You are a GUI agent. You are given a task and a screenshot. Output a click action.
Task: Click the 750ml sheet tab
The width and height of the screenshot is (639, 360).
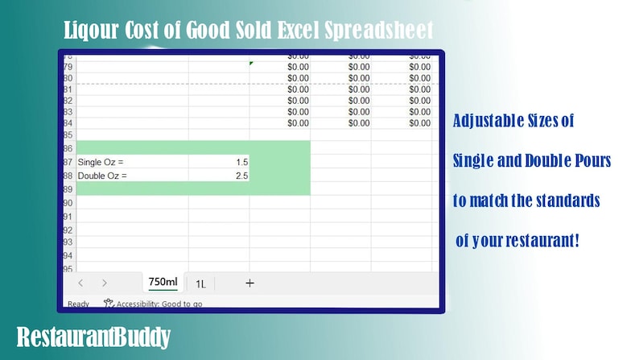coord(163,282)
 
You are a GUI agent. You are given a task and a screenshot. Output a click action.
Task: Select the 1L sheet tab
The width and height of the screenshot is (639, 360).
coord(200,283)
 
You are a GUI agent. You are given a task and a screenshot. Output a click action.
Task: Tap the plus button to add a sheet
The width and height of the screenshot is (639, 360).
coord(249,283)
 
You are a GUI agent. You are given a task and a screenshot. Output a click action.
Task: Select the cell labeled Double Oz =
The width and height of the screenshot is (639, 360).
coord(97,175)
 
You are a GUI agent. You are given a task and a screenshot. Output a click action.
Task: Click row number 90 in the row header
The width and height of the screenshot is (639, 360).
coord(68,202)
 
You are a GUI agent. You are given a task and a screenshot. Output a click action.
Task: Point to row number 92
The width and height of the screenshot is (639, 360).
coord(68,230)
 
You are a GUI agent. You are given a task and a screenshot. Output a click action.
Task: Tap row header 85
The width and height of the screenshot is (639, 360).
coord(68,135)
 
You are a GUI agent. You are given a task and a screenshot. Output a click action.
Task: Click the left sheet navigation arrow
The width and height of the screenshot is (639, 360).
coord(80,283)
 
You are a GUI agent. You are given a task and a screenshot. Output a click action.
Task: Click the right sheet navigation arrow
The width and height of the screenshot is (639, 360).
coord(105,283)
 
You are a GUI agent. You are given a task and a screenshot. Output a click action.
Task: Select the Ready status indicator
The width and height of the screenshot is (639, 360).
coord(78,304)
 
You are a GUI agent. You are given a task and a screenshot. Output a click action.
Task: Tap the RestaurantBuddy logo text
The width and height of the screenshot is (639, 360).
coord(93,337)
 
